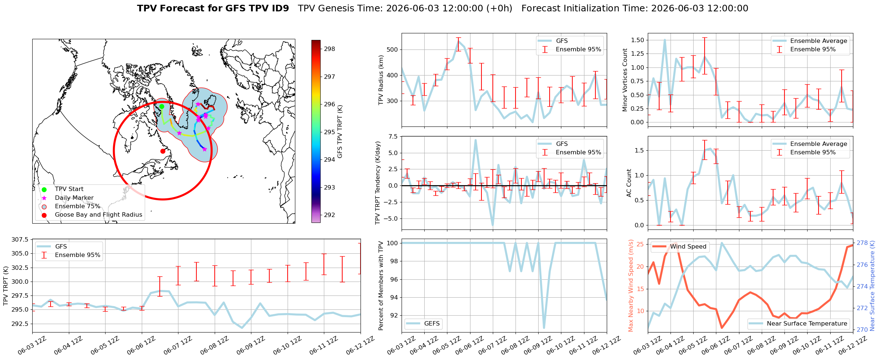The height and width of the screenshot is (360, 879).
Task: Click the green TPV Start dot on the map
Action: [x=162, y=107]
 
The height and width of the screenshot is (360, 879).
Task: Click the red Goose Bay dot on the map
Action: [x=163, y=151]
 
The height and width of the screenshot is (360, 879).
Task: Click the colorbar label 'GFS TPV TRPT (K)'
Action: [x=340, y=132]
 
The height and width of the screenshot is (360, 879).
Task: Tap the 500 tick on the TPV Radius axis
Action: [x=392, y=50]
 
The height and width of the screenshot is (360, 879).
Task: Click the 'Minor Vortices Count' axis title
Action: [x=625, y=80]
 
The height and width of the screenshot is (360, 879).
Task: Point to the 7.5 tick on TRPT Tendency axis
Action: [x=393, y=137]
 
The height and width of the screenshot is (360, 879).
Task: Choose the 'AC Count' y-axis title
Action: [x=629, y=183]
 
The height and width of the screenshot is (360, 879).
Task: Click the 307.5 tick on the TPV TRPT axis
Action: [x=20, y=240]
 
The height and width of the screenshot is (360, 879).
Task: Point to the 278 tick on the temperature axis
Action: [x=862, y=243]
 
